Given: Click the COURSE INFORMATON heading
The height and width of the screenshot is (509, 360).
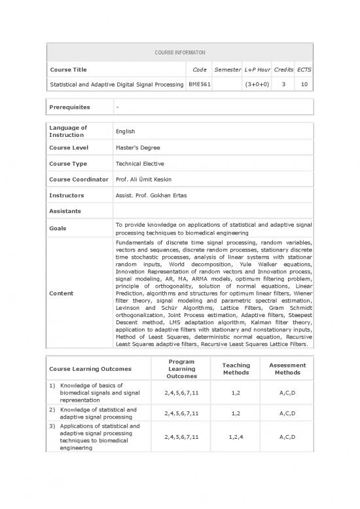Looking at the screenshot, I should click(x=179, y=51).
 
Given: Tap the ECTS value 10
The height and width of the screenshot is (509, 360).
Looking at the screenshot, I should click(x=304, y=85).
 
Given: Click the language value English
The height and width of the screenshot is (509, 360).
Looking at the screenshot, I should click(x=127, y=132).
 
